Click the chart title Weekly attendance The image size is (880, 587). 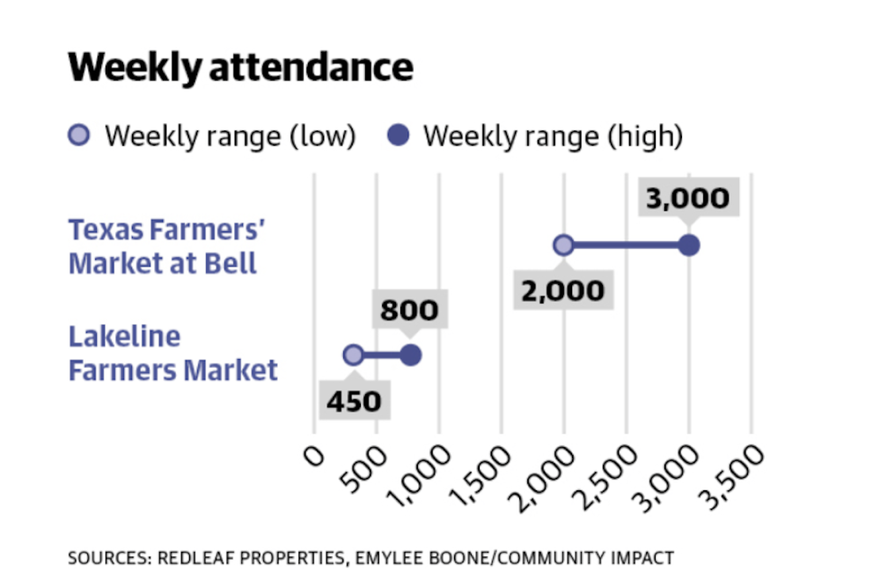coord(240,68)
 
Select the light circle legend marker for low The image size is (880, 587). coord(79,136)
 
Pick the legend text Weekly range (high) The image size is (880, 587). coord(553,136)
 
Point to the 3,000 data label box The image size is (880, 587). coord(687,198)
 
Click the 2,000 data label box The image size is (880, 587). coord(562,290)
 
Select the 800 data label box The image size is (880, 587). coord(408,311)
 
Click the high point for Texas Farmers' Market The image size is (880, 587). coord(689,246)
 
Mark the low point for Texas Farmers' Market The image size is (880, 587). coord(563,246)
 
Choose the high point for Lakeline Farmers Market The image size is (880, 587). coord(411,356)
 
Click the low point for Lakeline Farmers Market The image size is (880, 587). coord(353,356)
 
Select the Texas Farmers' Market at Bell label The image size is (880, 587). coord(167,246)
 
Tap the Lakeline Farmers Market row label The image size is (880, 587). coord(172,353)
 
